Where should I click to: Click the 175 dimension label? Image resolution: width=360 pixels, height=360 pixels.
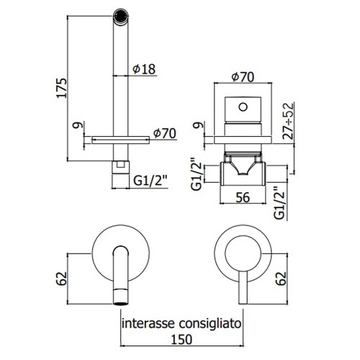[x=61, y=88]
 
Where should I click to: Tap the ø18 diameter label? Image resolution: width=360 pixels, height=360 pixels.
[x=144, y=69]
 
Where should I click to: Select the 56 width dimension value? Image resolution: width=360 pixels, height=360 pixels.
[x=243, y=197]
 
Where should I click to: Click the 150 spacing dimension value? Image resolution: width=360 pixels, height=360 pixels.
[x=181, y=339]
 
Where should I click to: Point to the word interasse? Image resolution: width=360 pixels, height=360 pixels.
[x=148, y=323]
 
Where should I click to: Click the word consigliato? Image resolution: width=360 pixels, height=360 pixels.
[x=210, y=324]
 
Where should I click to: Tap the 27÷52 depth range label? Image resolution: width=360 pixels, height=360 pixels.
[x=288, y=121]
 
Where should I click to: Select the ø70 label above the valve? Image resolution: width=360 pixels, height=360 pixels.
[x=243, y=77]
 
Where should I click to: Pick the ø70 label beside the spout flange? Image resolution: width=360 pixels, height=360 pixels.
[x=165, y=133]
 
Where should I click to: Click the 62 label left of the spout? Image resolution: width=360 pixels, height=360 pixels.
[x=61, y=279]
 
